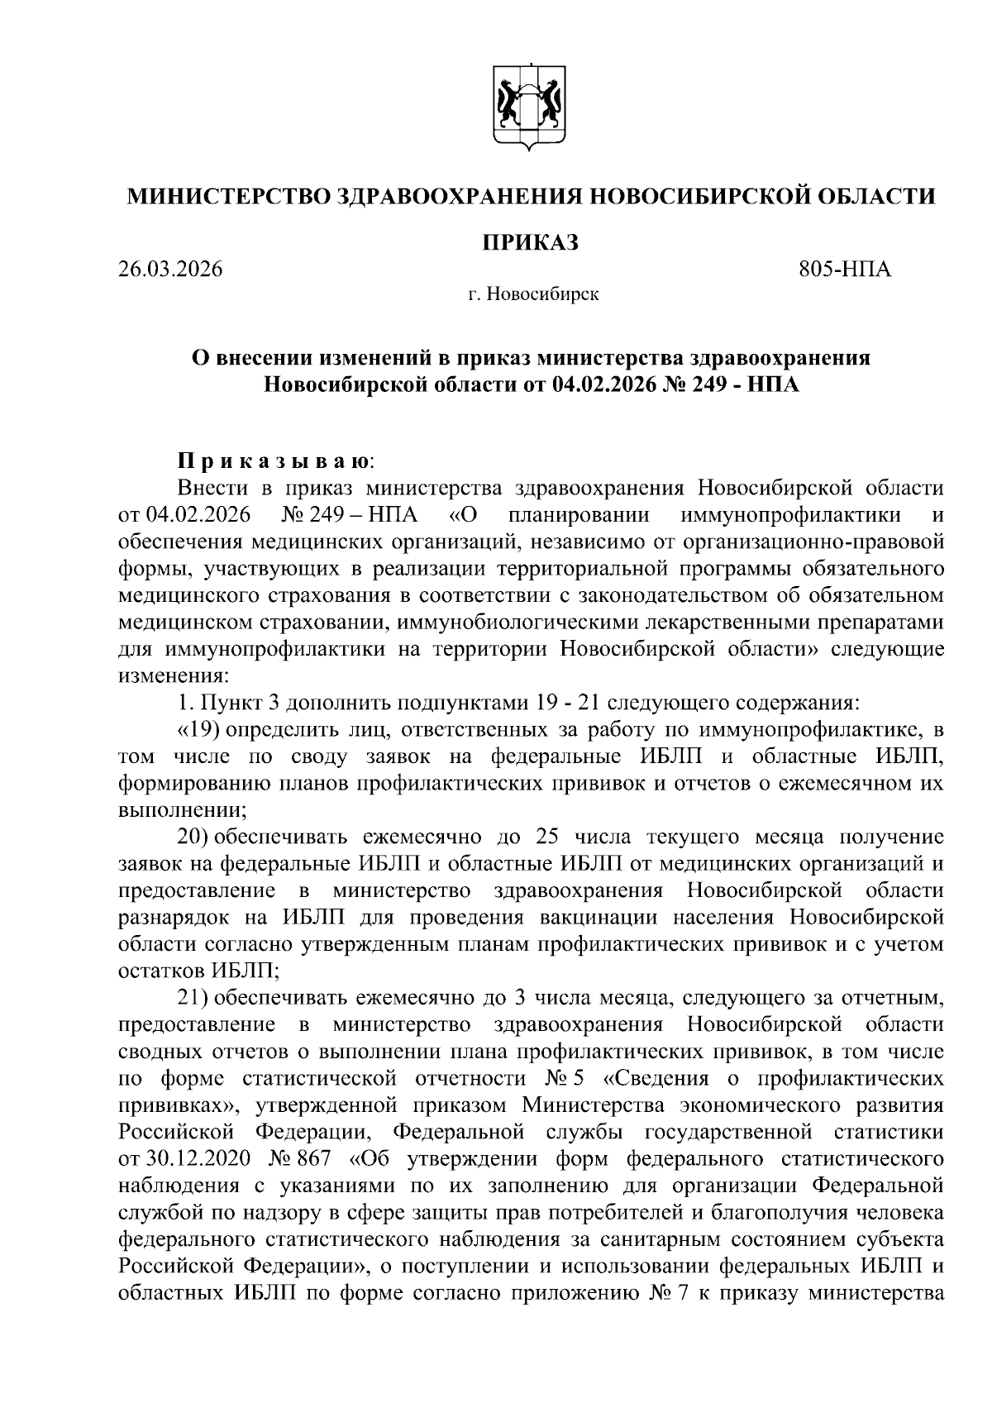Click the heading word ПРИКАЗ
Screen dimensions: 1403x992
tap(530, 242)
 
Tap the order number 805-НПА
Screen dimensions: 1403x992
tap(845, 270)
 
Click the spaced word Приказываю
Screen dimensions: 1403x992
tap(276, 460)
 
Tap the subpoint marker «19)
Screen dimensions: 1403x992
tap(196, 730)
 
